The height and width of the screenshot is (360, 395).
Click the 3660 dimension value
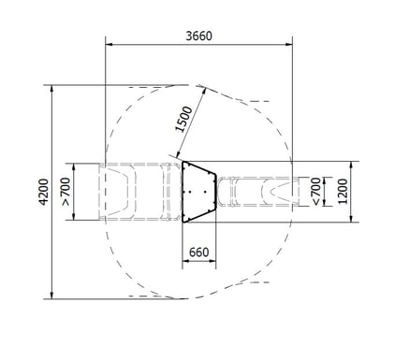tap(198, 36)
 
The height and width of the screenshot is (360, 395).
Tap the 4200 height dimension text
tap(44, 192)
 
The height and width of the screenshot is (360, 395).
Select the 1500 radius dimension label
tap(183, 120)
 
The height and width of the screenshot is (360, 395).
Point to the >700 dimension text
tap(66, 192)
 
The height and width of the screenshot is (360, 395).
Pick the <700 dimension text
tap(315, 192)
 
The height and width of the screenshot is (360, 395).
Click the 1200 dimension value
tap(343, 192)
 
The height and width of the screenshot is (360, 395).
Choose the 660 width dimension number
tap(198, 252)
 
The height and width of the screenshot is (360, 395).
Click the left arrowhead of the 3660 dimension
tap(109, 45)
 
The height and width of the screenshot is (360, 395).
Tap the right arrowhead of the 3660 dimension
tap(289, 45)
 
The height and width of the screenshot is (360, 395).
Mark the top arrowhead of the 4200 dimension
tap(51, 89)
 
